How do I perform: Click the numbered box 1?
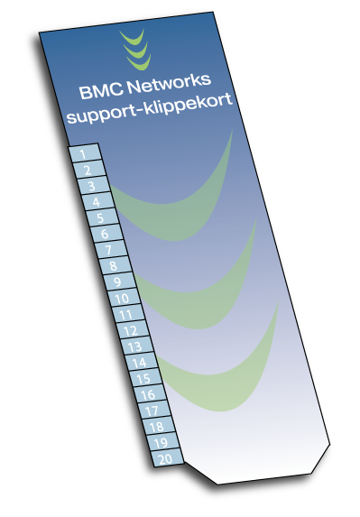coord(84,154)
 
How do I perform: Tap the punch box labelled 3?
coord(92,186)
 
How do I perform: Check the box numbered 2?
coord(88,170)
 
